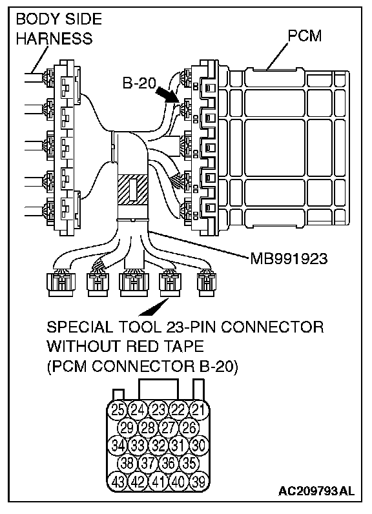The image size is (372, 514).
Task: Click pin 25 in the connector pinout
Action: (x=117, y=410)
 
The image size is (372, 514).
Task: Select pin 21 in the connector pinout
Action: (x=199, y=410)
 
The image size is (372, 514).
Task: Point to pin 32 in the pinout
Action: (x=158, y=445)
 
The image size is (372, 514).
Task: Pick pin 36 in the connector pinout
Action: (x=168, y=463)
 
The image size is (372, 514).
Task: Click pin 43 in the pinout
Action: (x=117, y=482)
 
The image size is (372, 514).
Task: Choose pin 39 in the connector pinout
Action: (x=199, y=482)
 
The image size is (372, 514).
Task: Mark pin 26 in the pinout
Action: (x=189, y=427)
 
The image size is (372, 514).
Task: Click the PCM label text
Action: (x=304, y=36)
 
